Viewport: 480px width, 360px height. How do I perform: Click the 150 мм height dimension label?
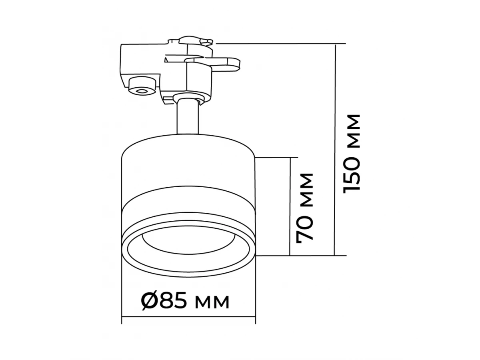click(x=351, y=154)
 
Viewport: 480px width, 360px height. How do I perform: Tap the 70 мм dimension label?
click(x=305, y=208)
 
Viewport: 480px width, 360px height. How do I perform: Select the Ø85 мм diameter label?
click(x=185, y=302)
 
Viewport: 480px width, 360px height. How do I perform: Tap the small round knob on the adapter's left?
click(x=142, y=86)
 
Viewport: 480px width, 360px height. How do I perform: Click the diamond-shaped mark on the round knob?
click(x=142, y=91)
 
